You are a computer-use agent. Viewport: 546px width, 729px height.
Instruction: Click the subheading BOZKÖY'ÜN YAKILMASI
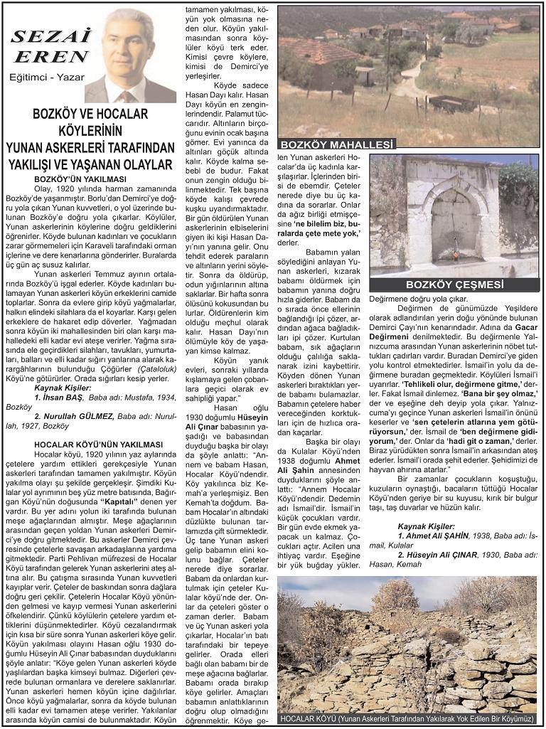[x=80, y=179]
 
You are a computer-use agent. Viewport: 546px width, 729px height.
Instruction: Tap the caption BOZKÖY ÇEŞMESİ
[x=454, y=284]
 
